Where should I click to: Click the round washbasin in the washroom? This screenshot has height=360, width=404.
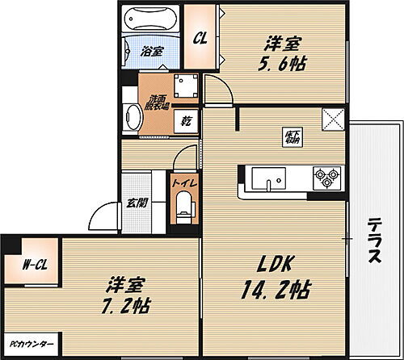[x=132, y=119]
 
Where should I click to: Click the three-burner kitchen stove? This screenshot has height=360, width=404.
[x=326, y=178]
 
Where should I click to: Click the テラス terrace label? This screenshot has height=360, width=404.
[x=372, y=242]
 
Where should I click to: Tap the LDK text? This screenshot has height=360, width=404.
[x=278, y=263]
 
